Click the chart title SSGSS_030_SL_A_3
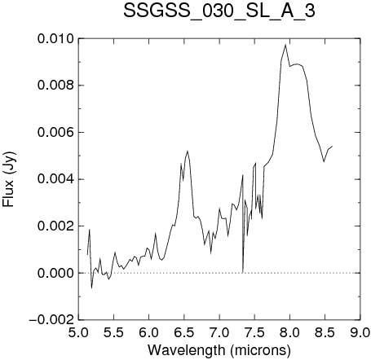tap(219, 11)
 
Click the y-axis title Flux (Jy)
tap(9, 179)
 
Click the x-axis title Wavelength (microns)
tap(219, 350)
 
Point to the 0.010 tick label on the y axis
tap(55, 39)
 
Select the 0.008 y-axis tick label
tap(55, 86)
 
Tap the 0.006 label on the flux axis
tap(55, 133)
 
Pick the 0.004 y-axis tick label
tap(55, 179)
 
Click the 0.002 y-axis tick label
tap(55, 226)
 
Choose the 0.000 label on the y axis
tap(55, 273)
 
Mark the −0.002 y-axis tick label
tap(51, 320)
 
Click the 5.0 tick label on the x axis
tap(78, 332)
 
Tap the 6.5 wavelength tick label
tap(184, 332)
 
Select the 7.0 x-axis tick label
tap(219, 332)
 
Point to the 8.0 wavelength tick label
tap(289, 332)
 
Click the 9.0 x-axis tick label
tap(360, 332)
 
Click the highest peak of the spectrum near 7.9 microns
tap(285, 45)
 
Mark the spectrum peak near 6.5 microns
tap(188, 151)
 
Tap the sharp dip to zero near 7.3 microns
tap(242, 272)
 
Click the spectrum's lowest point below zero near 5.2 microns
tap(91, 288)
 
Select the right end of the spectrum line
tap(332, 146)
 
